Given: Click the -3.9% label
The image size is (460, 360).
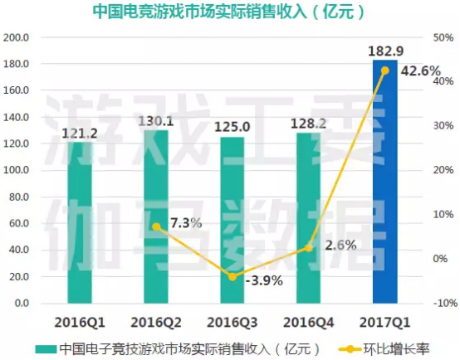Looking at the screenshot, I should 264,280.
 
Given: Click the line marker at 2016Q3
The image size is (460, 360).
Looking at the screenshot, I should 232,276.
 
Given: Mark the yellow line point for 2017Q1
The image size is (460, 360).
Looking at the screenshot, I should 385,71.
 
